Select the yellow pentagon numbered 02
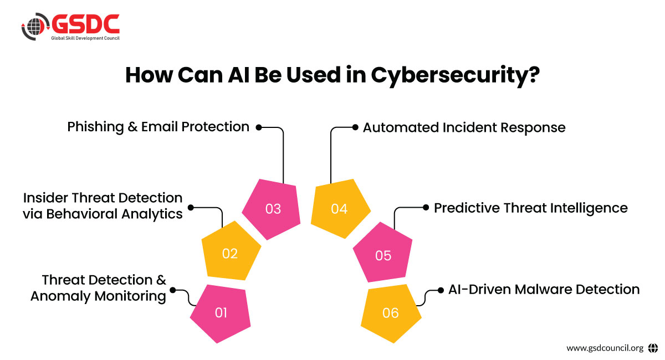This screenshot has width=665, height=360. [x=230, y=252]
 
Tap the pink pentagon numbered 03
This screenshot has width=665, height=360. [x=273, y=208]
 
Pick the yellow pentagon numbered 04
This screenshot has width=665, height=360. [x=339, y=208]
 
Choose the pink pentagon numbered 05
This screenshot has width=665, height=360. [x=383, y=255]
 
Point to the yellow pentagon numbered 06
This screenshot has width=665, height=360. [x=390, y=313]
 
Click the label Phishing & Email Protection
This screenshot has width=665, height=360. [x=158, y=127]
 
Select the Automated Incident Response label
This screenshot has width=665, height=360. [x=464, y=128]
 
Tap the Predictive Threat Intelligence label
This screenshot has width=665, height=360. [x=530, y=208]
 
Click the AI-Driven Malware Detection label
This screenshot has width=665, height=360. [x=544, y=289]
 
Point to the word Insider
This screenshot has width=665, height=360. [x=45, y=198]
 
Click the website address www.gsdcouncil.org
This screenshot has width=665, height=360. [x=605, y=348]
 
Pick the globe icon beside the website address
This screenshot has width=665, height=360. [x=653, y=348]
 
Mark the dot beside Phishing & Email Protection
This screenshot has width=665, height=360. [x=258, y=127]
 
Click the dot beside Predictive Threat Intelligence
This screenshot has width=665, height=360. [x=426, y=207]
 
